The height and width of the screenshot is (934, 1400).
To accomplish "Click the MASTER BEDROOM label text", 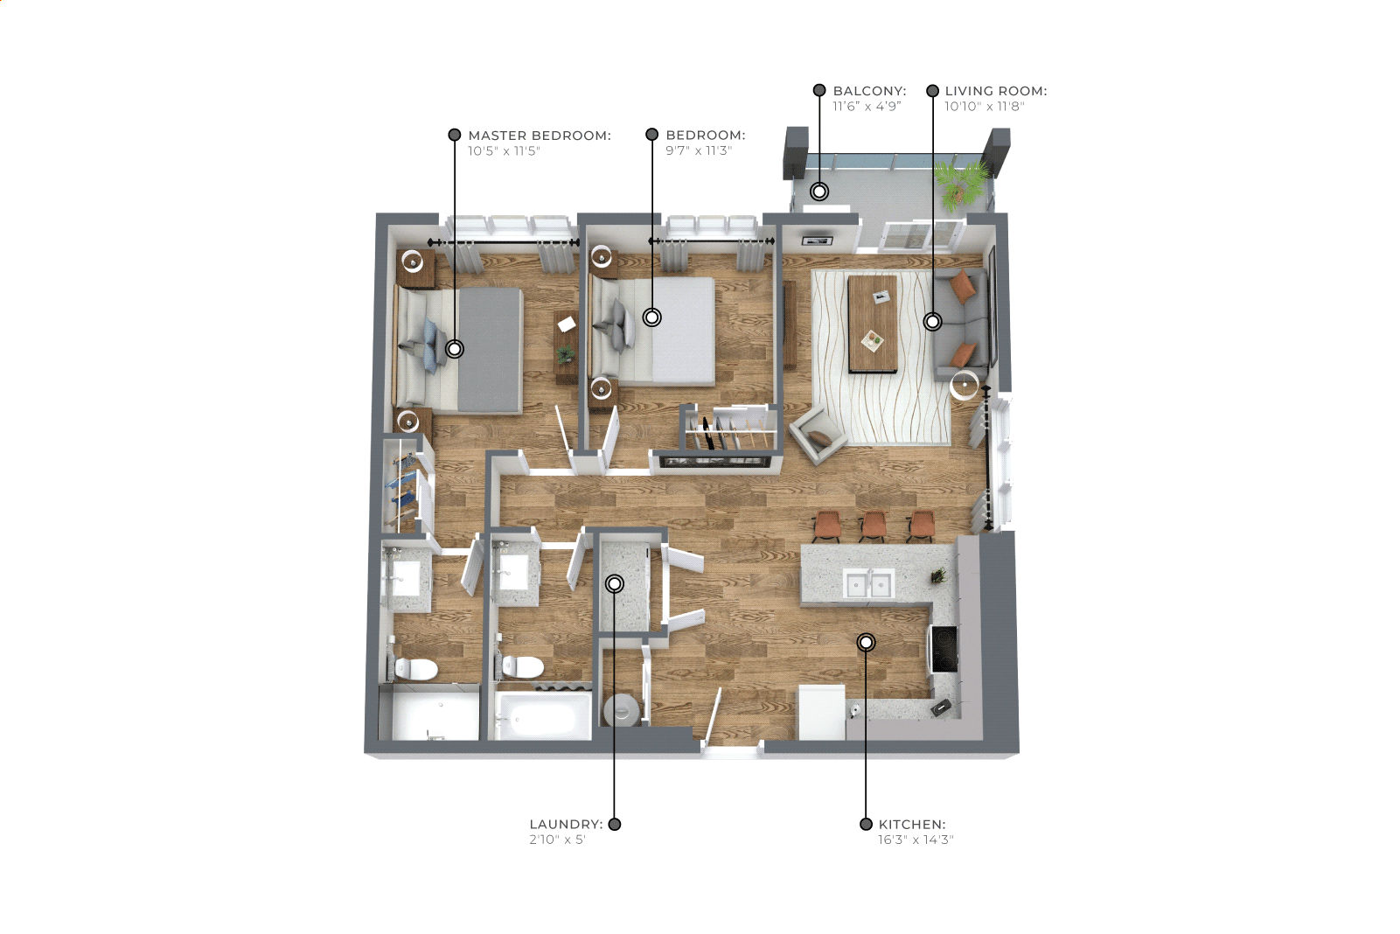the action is (540, 136).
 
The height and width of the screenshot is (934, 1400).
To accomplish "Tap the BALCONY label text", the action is (869, 91).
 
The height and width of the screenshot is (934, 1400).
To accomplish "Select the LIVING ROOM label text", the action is (996, 91).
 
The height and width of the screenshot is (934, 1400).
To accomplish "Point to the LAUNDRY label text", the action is (566, 825).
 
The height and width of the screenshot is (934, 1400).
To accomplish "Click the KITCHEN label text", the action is (912, 825).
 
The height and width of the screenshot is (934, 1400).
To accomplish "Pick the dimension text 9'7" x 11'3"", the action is (698, 150).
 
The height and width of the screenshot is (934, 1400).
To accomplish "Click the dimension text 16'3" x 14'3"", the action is (916, 840).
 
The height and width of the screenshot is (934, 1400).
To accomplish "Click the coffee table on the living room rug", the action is (873, 324).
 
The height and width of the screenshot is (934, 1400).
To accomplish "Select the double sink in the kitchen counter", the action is (867, 584).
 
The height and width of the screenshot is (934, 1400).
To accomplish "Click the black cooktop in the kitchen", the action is (944, 649).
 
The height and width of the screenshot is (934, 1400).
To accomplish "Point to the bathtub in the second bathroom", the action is (541, 715).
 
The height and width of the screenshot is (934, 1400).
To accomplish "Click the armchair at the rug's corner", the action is (818, 433).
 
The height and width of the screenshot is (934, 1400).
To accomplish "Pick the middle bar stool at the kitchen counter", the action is (873, 525).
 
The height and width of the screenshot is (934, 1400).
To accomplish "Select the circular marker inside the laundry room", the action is (615, 584).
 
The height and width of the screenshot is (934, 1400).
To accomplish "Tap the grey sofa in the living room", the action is (961, 324).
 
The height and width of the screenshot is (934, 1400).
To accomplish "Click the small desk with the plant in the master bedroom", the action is (566, 347).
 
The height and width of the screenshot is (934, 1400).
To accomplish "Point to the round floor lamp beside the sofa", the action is (965, 384).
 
